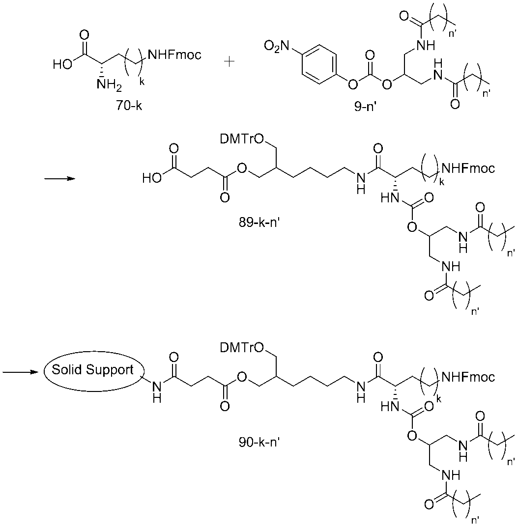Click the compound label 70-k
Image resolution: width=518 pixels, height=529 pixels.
[129, 106]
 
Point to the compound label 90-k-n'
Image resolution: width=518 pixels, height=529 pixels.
[259, 442]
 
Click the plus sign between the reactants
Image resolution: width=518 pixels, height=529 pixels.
[229, 62]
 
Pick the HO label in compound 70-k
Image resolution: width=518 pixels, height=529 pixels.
[62, 64]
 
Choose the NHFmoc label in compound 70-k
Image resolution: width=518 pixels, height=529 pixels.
[174, 55]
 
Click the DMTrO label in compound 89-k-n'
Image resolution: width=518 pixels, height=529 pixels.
[242, 139]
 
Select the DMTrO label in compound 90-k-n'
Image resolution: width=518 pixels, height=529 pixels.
[242, 347]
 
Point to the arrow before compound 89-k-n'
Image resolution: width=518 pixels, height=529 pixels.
[59, 179]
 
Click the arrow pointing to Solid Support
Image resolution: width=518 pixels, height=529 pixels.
[19, 372]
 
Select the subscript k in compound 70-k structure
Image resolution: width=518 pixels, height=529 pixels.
[142, 82]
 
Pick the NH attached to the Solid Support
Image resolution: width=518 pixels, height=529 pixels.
[157, 391]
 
